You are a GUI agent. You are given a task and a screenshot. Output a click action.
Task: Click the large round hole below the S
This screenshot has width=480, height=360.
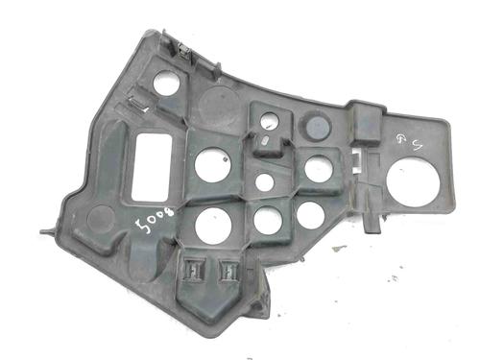point(414,182)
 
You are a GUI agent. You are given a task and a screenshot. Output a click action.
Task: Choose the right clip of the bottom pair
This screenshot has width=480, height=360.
point(230,271)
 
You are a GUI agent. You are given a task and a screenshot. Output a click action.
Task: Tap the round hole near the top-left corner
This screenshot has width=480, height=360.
point(166,83)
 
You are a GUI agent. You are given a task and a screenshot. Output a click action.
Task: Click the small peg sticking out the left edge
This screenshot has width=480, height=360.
point(46,230)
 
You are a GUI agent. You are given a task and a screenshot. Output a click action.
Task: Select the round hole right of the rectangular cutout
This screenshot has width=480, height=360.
point(210,165)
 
